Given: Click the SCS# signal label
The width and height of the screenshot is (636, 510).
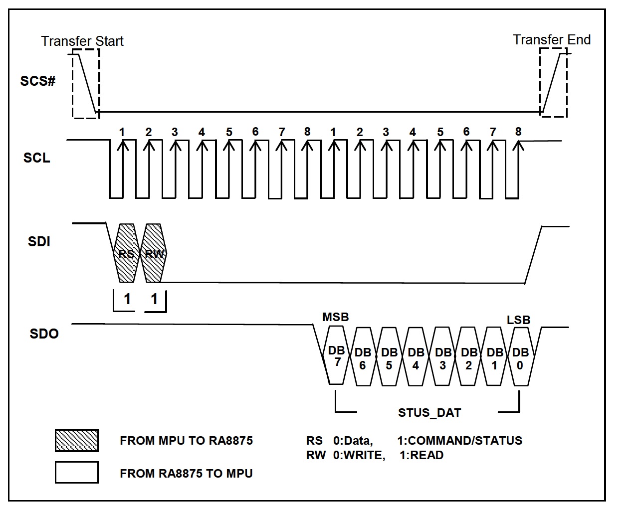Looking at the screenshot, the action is (x=37, y=81).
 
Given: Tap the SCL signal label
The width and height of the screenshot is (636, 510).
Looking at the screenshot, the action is (x=36, y=158).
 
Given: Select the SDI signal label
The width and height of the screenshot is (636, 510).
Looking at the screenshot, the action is (x=39, y=241).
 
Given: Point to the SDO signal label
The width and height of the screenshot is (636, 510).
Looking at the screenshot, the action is (x=44, y=334).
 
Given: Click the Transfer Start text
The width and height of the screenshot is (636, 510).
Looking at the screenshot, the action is (x=82, y=41).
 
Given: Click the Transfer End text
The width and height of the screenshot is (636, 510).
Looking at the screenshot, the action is (x=552, y=40).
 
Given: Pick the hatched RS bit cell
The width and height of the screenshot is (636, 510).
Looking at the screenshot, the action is (x=127, y=253).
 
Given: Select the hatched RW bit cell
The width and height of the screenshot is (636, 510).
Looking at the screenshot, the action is (x=154, y=253).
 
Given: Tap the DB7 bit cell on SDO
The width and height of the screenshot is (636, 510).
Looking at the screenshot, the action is (x=336, y=355).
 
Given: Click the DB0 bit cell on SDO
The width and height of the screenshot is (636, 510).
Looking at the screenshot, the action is (x=521, y=356).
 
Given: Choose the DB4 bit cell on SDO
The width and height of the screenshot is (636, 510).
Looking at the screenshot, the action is (x=416, y=356).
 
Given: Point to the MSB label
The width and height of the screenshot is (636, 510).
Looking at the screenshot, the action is (x=335, y=317).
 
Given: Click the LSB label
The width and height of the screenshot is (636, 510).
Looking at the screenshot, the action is (x=519, y=320).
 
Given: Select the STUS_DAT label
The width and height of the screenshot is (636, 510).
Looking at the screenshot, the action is (x=429, y=413).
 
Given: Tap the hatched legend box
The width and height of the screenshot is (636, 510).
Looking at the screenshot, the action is (x=77, y=441).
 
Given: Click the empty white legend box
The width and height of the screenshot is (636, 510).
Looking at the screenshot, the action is (x=77, y=472).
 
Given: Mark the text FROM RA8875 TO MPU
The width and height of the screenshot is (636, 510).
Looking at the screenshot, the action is (x=186, y=474).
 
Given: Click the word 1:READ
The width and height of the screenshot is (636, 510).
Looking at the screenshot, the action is (x=422, y=455).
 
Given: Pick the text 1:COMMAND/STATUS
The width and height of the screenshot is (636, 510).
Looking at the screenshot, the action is (x=460, y=441).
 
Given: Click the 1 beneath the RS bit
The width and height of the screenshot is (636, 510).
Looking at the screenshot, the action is (x=127, y=299).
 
